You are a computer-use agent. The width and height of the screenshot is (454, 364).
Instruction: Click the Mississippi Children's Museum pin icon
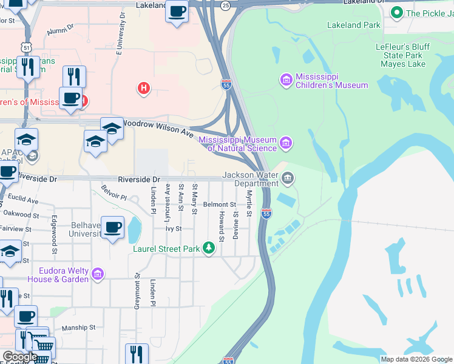pos(286,79)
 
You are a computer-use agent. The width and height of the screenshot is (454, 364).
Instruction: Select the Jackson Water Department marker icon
pos(288,179)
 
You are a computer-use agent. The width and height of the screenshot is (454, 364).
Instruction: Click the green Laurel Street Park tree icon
pos(209,248)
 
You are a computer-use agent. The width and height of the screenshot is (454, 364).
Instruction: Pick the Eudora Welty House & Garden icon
pos(97,275)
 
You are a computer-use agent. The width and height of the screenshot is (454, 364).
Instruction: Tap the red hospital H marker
pos(144,89)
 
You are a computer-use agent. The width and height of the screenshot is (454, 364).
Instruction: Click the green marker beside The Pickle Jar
pos(397,12)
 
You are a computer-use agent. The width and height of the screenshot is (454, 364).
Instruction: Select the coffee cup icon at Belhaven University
pos(112,227)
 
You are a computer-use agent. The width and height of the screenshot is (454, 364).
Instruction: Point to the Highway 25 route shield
pos(226,5)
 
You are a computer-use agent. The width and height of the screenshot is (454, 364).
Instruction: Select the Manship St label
pos(78,328)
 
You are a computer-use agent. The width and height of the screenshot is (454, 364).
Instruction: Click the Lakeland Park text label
pos(353,25)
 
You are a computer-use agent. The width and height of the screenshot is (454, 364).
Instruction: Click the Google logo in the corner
pos(18,357)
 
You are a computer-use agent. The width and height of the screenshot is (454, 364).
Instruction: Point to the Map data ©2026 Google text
pos(416,359)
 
